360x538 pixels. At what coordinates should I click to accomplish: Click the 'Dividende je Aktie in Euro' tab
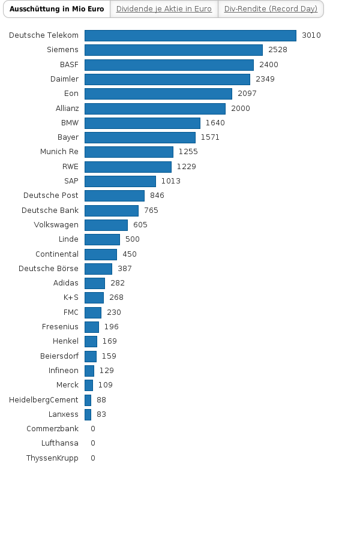pyautogui.click(x=164, y=9)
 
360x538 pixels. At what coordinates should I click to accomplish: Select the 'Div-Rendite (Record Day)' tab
pyautogui.click(x=271, y=9)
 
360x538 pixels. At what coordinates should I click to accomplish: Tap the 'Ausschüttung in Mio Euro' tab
pyautogui.click(x=57, y=9)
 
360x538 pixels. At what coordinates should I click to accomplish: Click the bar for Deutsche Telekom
pyautogui.click(x=190, y=35)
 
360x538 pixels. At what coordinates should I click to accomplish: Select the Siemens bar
pyautogui.click(x=173, y=50)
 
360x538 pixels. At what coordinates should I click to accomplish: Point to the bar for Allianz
pyautogui.click(x=155, y=109)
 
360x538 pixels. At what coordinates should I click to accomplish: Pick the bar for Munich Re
pyautogui.click(x=129, y=152)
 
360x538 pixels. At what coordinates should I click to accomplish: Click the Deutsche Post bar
pyautogui.click(x=115, y=196)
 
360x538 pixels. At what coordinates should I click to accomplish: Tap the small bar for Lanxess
pyautogui.click(x=88, y=414)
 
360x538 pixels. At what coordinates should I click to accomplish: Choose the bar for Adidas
pyautogui.click(x=95, y=283)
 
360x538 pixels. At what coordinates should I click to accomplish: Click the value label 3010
pyautogui.click(x=311, y=35)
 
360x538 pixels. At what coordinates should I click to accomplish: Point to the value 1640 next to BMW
pyautogui.click(x=215, y=123)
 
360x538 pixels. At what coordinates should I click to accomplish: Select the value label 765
pyautogui.click(x=151, y=211)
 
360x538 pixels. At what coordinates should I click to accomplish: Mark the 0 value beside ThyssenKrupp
pyautogui.click(x=93, y=458)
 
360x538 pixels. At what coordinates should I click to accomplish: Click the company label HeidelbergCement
pyautogui.click(x=44, y=400)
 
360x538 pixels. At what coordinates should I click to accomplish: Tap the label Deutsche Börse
pyautogui.click(x=49, y=269)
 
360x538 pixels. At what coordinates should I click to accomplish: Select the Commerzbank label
pyautogui.click(x=52, y=429)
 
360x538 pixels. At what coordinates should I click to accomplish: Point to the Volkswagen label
pyautogui.click(x=56, y=225)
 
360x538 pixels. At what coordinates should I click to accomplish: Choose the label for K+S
pyautogui.click(x=71, y=297)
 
